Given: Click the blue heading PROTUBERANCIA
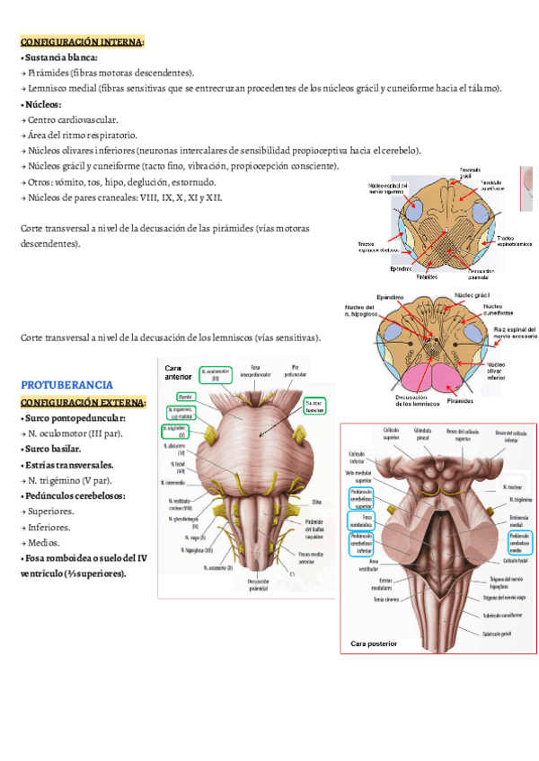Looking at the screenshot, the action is pos(66,384).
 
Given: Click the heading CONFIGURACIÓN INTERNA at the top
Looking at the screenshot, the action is pos(82,41).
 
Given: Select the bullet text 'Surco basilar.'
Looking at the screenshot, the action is pos(53,449).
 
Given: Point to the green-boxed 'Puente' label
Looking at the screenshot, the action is pos(186,397).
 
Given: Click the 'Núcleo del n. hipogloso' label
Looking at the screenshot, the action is pos(359,310).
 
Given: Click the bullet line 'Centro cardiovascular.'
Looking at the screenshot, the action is pos(72,119).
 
